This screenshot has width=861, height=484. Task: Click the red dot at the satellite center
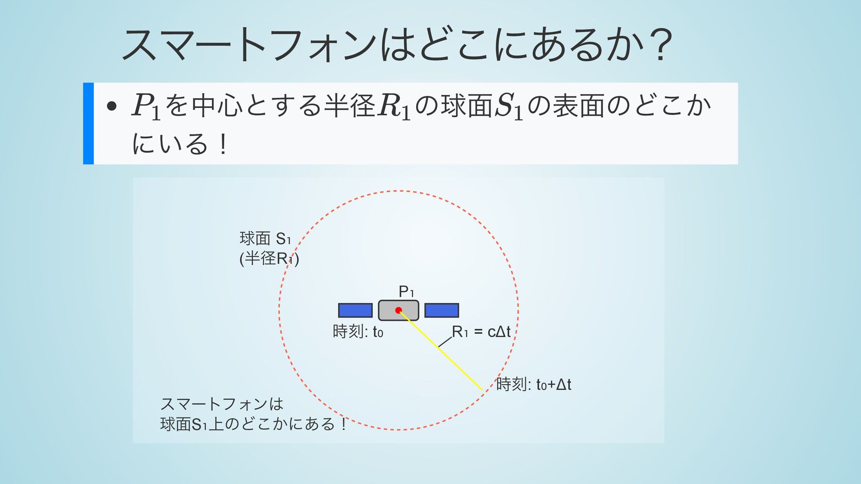point(398,310)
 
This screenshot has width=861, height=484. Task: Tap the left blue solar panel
point(355,310)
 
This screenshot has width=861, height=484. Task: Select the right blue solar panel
point(441,310)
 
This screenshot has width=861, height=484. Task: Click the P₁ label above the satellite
point(406,292)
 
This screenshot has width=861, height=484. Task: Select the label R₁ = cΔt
point(481,332)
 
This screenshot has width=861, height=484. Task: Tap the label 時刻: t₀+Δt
point(533,385)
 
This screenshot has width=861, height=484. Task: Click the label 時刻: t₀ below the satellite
point(358,332)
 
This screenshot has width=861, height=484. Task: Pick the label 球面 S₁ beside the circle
point(265,238)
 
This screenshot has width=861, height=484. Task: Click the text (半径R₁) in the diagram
point(269,259)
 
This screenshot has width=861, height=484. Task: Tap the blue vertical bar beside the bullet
point(88,123)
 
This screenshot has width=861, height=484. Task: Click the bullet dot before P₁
point(112,107)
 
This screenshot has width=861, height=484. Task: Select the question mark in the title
point(663,45)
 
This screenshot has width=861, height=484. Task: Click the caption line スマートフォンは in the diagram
point(222,404)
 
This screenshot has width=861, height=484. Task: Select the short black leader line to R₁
point(445,342)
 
